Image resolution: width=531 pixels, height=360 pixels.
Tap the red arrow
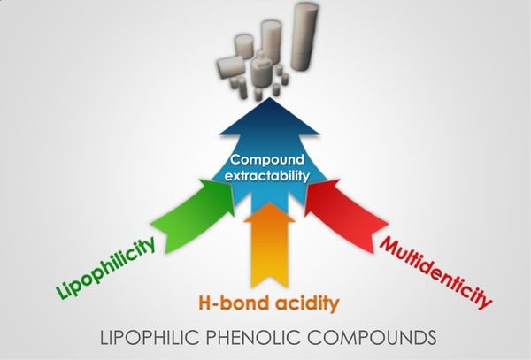click(342, 209)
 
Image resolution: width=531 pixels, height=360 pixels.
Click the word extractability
click(267, 176)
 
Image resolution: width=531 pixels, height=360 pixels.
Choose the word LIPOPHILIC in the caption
click(146, 337)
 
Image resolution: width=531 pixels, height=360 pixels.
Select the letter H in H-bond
click(200, 305)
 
